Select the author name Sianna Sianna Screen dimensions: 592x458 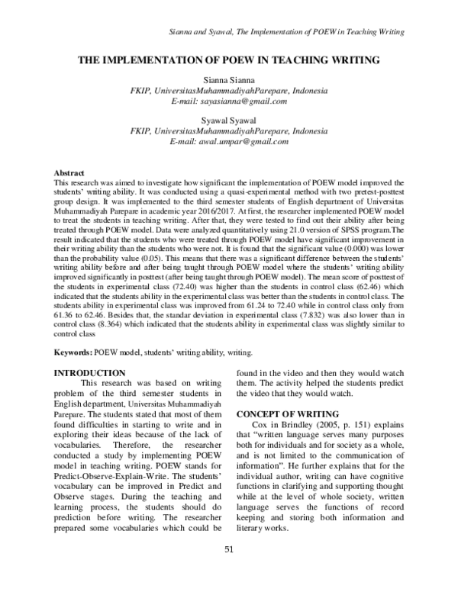pos(229,81)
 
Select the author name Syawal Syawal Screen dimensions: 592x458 pos(229,121)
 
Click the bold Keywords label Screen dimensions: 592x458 pos(75,352)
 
